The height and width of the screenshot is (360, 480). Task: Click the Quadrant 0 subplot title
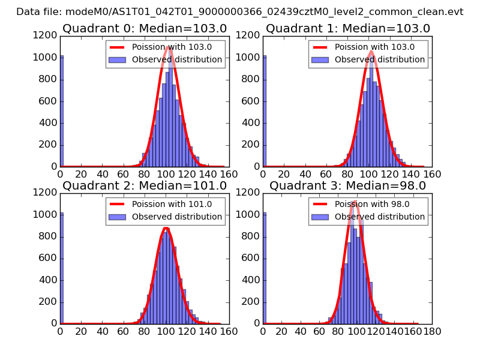click(x=145, y=28)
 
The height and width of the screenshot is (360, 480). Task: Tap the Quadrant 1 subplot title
click(x=348, y=28)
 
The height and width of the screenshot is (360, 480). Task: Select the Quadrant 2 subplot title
click(x=145, y=185)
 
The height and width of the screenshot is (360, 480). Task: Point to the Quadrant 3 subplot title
click(x=348, y=185)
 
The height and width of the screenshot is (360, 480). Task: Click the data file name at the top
click(x=240, y=11)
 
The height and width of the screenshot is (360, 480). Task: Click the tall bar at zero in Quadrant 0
click(x=62, y=111)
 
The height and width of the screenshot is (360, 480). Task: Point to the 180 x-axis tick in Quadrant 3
click(x=432, y=331)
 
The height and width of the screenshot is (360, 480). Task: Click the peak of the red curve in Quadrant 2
click(x=166, y=228)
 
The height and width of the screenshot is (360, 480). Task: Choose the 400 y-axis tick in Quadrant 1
click(x=253, y=123)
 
